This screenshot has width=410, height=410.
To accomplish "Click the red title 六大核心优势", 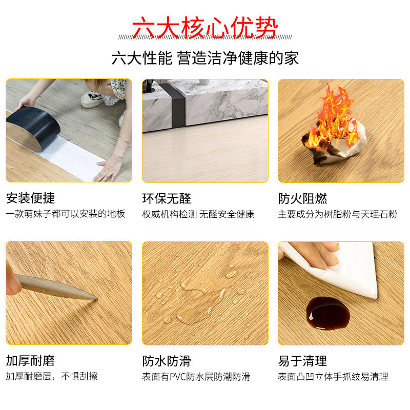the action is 204,28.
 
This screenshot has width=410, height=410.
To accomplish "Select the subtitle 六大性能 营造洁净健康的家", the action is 205,58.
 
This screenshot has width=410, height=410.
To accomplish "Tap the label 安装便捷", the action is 30,198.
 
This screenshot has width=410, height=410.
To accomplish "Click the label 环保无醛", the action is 167,199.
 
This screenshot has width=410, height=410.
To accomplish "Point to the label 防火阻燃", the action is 302,199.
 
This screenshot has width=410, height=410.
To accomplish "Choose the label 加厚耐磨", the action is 30,361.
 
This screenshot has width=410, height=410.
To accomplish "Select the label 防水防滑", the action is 167,361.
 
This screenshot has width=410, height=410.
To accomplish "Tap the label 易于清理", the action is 302,361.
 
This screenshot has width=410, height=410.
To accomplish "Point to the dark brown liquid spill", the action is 328,313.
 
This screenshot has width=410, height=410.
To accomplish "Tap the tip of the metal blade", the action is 97,298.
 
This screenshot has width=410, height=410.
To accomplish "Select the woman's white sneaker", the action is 92,99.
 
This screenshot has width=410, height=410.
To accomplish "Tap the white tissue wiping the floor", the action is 340,266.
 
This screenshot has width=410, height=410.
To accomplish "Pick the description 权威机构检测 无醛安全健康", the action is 198,214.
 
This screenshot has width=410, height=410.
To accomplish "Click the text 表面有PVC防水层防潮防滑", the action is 196,377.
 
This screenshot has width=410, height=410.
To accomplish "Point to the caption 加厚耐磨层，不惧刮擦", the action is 52,376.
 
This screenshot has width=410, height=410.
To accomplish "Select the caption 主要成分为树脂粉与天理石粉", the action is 338,214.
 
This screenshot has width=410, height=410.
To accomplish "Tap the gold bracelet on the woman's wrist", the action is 125,140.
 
